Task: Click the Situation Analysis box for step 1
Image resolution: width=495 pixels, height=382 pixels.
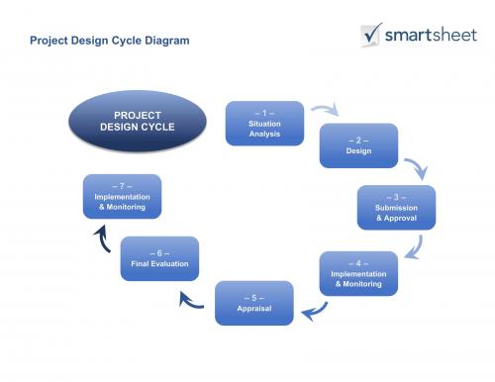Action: (264, 123)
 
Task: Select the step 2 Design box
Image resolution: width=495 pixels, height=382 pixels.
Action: (357, 145)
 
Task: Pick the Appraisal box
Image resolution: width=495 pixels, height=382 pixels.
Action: (254, 302)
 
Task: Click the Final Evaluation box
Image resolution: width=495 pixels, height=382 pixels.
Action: (159, 258)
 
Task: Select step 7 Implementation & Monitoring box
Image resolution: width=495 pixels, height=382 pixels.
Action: (121, 195)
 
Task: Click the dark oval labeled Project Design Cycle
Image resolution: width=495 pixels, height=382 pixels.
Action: (137, 122)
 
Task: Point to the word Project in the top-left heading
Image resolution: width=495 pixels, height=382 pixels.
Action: (50, 42)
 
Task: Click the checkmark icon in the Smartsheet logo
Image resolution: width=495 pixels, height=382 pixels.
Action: (372, 35)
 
